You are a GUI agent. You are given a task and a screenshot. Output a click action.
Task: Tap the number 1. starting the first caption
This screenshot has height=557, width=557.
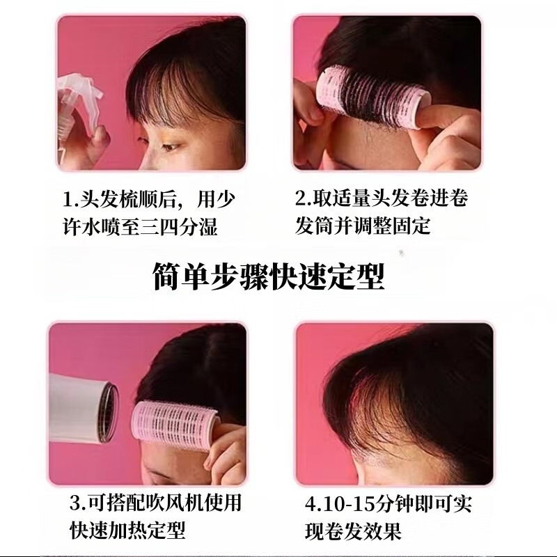(69, 199)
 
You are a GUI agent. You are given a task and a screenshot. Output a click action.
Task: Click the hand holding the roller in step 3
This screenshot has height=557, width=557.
(226, 453)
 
